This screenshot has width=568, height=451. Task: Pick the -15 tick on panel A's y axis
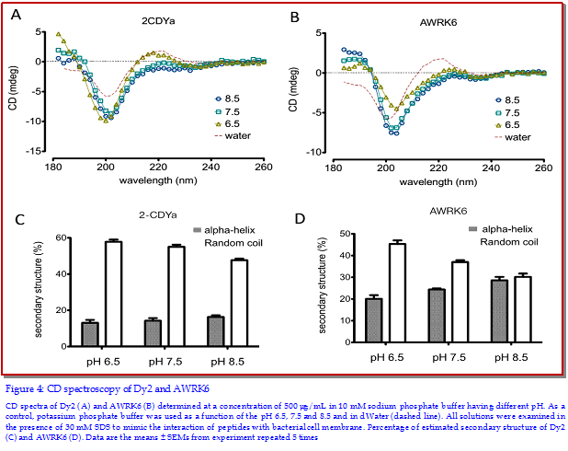pos(33,150)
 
